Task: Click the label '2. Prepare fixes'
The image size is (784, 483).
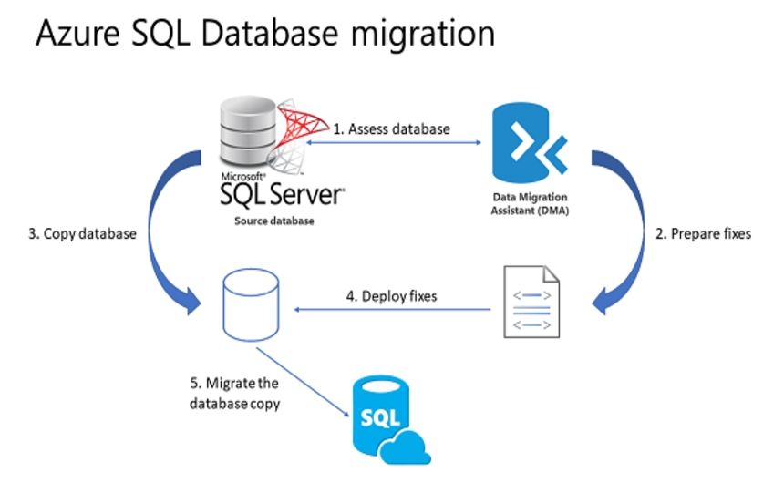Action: click(705, 233)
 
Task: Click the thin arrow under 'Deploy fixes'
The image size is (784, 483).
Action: click(392, 311)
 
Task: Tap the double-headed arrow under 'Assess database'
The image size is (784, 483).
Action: click(392, 141)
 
